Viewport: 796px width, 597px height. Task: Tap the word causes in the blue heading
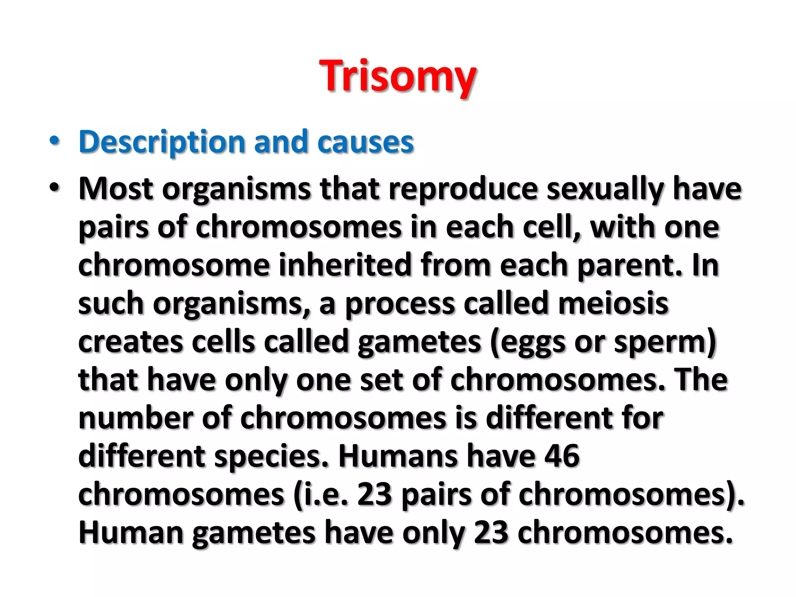coord(365,142)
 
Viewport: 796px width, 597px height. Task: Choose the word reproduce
coord(463,189)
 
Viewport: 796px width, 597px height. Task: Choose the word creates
coord(131,342)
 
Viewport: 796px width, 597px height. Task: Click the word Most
coord(116,189)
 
